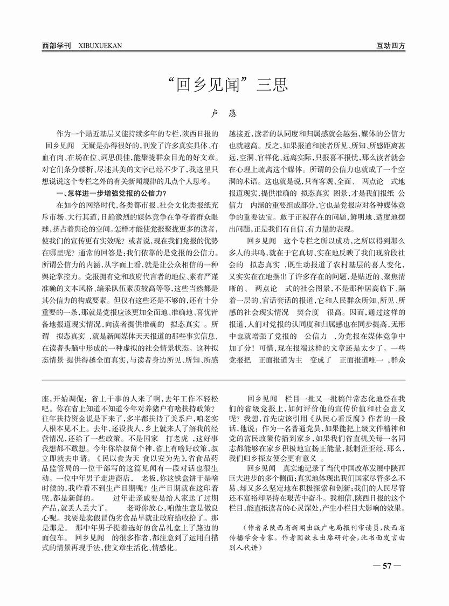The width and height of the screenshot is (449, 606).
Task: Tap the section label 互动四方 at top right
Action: (391, 45)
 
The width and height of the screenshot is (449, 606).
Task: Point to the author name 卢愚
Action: (224, 114)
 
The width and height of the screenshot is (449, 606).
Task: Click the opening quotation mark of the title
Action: (173, 81)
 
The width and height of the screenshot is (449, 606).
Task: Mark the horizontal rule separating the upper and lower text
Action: (224, 382)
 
